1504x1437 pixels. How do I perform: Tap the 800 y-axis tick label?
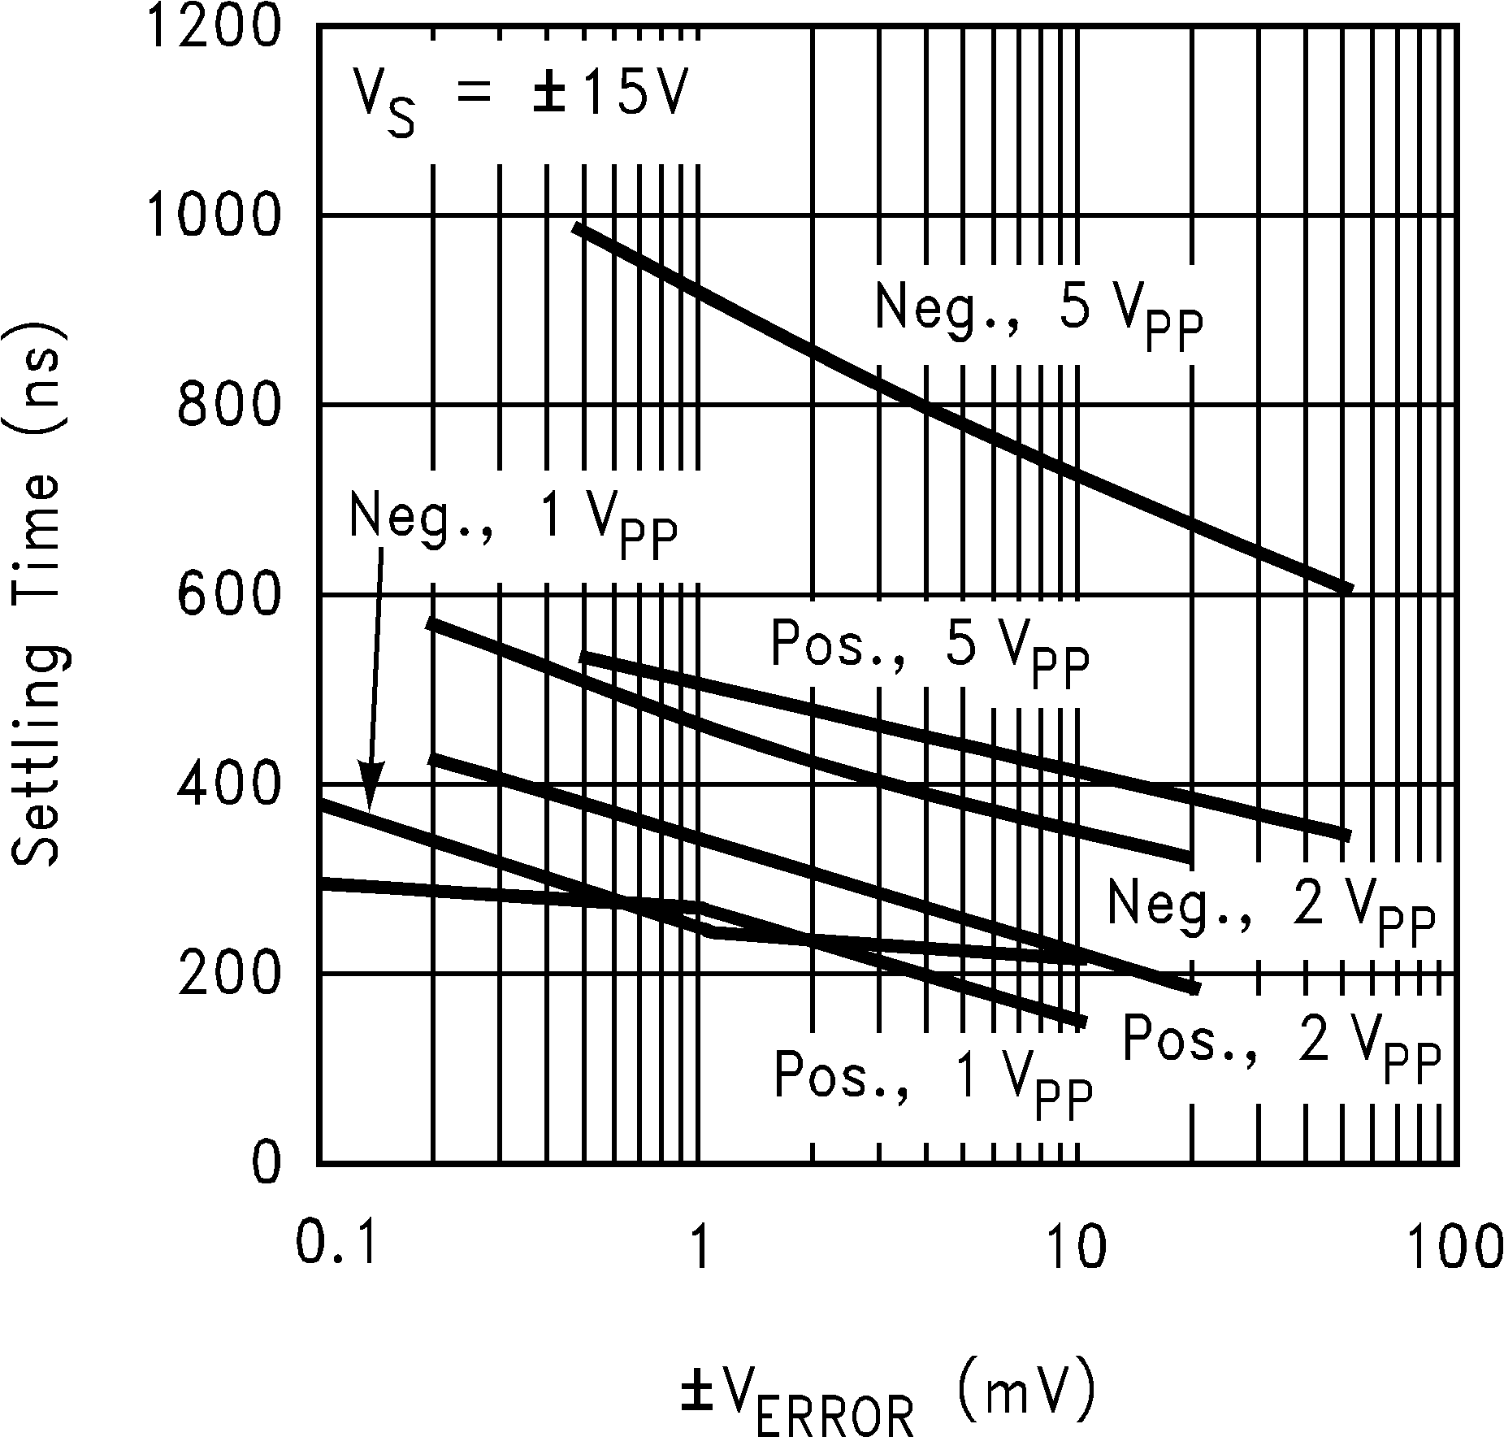pos(228,406)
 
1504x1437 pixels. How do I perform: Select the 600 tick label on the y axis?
pos(228,596)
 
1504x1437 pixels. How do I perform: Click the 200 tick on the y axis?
pos(228,975)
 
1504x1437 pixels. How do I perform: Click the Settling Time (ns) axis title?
pos(37,597)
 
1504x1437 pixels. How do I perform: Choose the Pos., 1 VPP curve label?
pos(933,1083)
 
